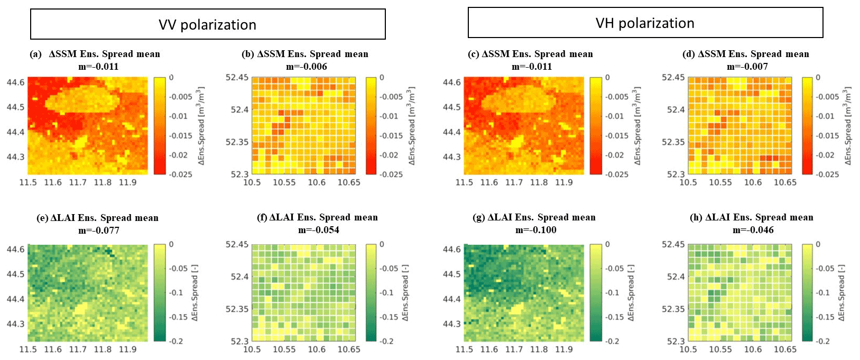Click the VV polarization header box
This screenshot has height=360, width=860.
208,24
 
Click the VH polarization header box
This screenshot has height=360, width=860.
645,23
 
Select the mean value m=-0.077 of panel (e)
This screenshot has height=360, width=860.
99,230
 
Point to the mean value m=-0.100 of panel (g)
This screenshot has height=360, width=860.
535,230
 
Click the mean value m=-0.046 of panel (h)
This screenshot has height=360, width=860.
753,230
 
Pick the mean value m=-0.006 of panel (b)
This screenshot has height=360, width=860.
307,67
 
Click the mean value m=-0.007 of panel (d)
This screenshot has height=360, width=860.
747,67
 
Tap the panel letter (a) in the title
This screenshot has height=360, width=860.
36,54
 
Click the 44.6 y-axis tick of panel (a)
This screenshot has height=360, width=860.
15,82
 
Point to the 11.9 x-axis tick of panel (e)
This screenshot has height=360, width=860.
127,349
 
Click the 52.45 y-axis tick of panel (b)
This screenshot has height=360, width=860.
237,78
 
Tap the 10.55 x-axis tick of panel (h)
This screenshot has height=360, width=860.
720,349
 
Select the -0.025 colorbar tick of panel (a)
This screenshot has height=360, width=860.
181,174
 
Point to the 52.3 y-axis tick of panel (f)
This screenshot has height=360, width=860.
239,341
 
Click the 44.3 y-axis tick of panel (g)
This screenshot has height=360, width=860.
452,324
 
